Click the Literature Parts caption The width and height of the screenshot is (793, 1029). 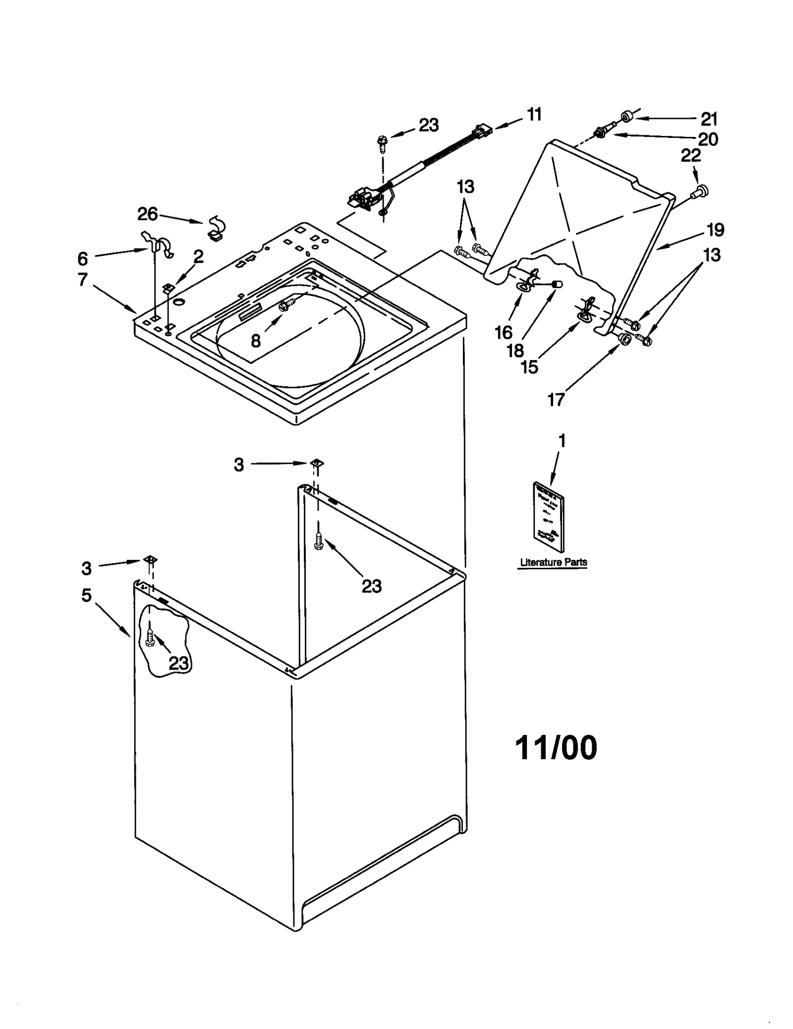pos(553,562)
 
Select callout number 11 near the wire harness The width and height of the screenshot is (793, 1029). pos(534,115)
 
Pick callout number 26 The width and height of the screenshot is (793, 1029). pos(147,214)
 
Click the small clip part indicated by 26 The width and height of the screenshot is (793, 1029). pos(216,229)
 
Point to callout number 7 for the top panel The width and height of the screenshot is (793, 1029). pos(82,279)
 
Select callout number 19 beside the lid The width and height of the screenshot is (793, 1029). pos(715,230)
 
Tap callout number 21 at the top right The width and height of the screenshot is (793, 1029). pos(709,119)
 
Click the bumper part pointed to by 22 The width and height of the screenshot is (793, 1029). pos(702,190)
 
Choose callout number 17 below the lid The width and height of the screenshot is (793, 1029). pos(556,399)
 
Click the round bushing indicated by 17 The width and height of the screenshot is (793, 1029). pos(624,339)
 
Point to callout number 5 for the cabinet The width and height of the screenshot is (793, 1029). pos(87,595)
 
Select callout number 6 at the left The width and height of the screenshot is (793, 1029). pos(82,258)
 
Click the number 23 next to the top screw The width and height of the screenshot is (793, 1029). pos(429,125)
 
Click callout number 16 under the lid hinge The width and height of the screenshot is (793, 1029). pos(504,333)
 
